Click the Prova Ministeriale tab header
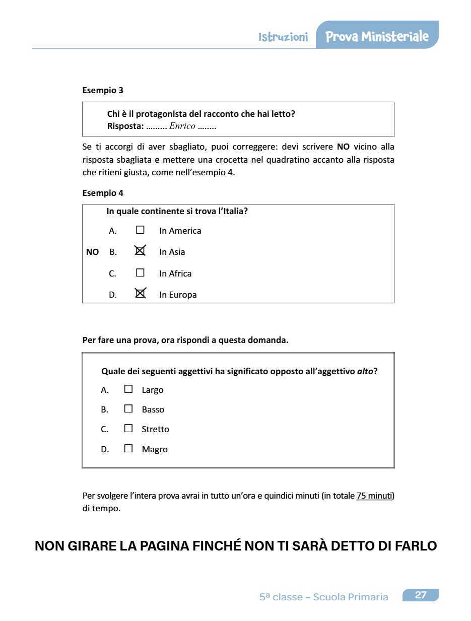point(377,36)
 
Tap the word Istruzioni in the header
point(283,37)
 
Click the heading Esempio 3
point(103,91)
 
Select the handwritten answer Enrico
point(182,126)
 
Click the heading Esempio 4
point(103,193)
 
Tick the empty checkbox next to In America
point(140,230)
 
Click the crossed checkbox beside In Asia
point(140,251)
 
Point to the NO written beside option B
point(92,252)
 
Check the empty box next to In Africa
point(140,273)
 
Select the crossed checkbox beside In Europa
point(140,293)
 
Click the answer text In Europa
point(178,295)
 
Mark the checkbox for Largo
point(128,389)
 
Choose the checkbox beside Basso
point(128,408)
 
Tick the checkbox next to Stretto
point(128,428)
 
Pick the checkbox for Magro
point(128,448)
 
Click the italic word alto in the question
point(365,372)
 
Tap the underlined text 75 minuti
point(374,496)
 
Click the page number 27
point(421,595)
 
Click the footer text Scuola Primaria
point(351,597)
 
